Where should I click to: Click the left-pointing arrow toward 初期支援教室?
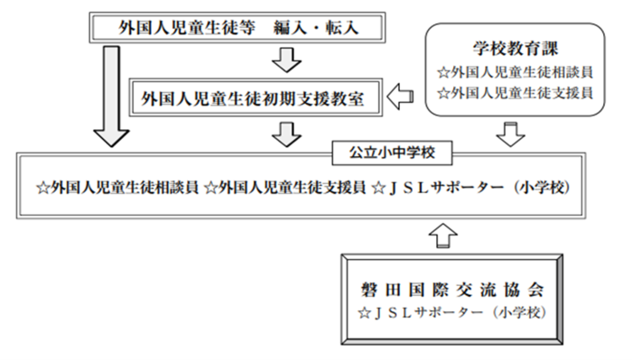click(401, 97)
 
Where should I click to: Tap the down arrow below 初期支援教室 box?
click(286, 134)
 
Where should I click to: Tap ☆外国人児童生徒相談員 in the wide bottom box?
click(116, 189)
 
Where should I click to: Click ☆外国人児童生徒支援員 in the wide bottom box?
click(284, 189)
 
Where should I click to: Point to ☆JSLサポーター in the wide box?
click(442, 189)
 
